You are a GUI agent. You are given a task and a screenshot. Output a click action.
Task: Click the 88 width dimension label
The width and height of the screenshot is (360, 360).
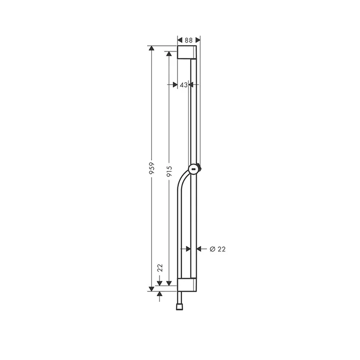[189, 40]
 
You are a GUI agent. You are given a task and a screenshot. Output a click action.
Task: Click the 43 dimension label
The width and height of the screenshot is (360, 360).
[184, 85]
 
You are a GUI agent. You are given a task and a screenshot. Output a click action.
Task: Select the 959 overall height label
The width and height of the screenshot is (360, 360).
[152, 168]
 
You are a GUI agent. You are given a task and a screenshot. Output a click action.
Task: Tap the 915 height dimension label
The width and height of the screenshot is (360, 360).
[169, 171]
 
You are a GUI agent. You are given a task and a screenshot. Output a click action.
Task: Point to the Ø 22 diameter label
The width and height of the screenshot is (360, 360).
[218, 249]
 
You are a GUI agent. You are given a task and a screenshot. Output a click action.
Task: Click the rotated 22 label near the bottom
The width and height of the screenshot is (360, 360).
[160, 268]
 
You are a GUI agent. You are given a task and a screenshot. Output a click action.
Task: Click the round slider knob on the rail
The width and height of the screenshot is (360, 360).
[193, 169]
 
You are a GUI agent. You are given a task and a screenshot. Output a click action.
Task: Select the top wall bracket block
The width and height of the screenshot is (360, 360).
[187, 52]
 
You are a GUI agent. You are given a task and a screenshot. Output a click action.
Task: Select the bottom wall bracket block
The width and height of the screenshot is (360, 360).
[187, 285]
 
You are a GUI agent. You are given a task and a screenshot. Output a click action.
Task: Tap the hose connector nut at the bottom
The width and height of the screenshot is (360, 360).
[179, 307]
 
